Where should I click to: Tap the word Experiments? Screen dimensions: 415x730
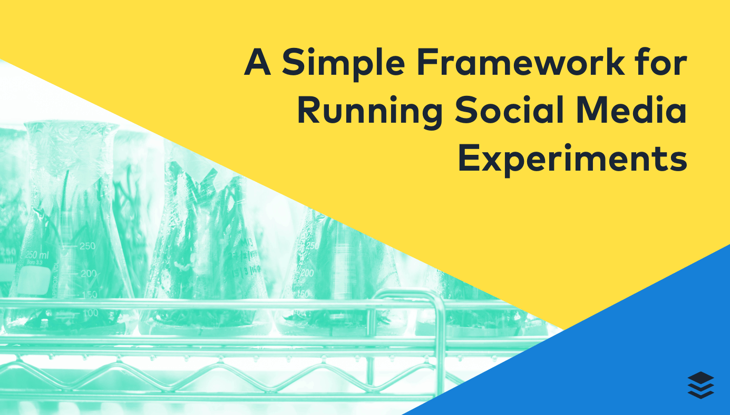click(x=572, y=159)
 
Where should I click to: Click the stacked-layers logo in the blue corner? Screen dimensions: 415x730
click(x=700, y=385)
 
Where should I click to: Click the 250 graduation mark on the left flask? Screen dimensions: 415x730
click(x=87, y=246)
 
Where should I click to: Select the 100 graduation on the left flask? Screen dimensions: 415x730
click(x=90, y=313)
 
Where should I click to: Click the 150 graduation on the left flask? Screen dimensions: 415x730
click(x=90, y=294)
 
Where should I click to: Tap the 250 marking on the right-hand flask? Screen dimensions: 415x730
click(x=312, y=245)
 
